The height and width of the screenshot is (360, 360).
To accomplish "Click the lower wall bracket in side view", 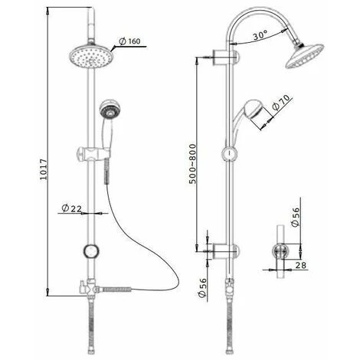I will click(x=225, y=249).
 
